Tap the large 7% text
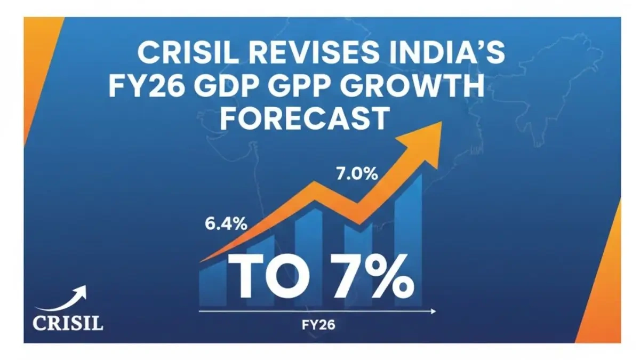coord(367,277)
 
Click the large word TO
coord(267,277)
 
